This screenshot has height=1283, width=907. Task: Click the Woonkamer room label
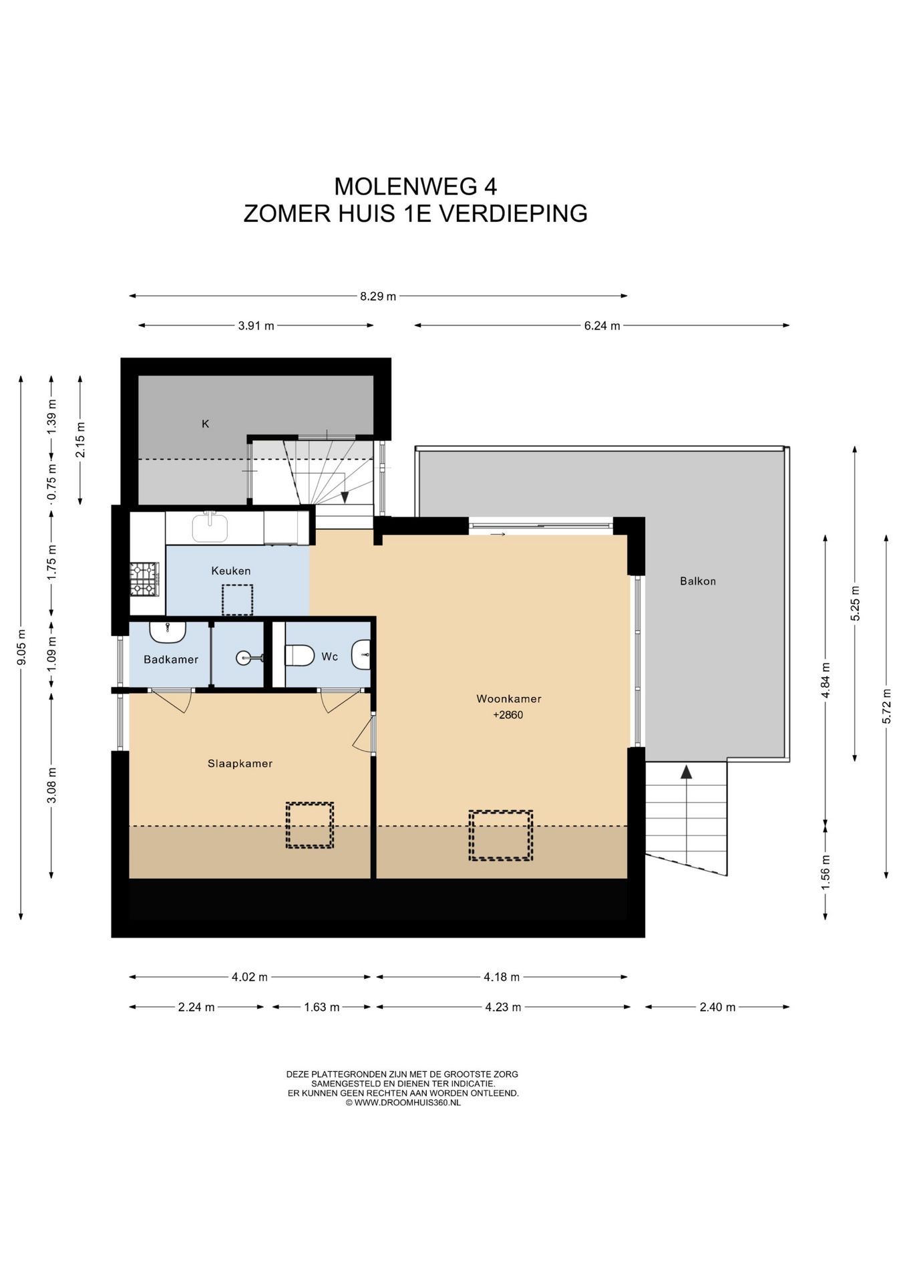pos(508,699)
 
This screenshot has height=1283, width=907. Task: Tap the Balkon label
pos(698,581)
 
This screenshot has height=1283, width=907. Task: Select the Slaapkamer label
pos(240,764)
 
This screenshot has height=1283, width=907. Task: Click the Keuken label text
pos(231,571)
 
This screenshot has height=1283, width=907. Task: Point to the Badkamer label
pos(171,660)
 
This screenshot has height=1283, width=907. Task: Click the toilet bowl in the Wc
pos(299,656)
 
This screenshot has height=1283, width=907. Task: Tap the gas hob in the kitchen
pos(144,579)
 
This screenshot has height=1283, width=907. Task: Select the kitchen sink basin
pos(210,528)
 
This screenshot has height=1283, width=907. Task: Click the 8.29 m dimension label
pos(378,296)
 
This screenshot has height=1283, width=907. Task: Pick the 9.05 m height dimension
pos(21,648)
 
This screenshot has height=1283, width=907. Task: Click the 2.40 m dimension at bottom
pos(717,1007)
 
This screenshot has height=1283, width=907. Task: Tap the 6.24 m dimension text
pos(602,326)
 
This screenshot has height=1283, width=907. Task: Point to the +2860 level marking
pos(508,715)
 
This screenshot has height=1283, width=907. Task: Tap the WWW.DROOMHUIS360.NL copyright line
pos(403,1102)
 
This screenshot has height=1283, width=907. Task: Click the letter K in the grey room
pos(206,424)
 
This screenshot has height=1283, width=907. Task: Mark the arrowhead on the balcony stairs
pos(686,772)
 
